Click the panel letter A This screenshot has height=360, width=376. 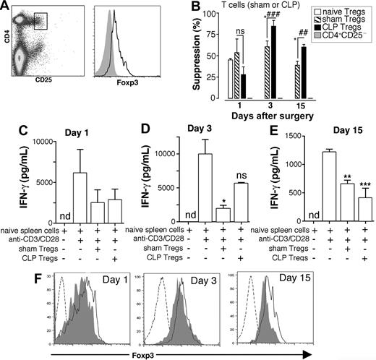coord(7,7)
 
